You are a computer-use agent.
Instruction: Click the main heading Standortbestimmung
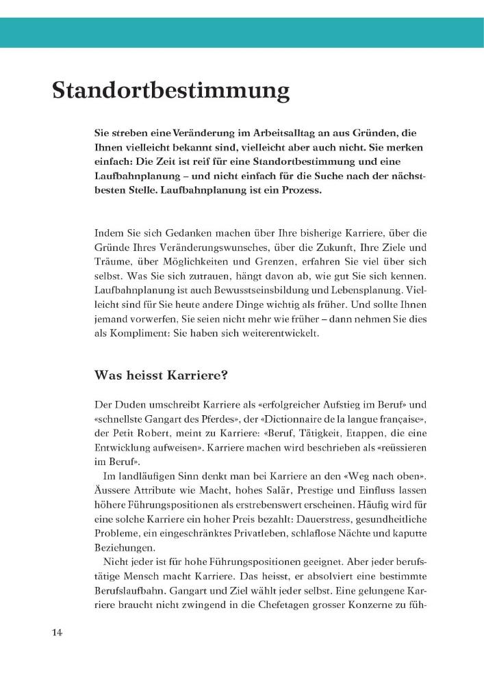(x=170, y=90)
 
